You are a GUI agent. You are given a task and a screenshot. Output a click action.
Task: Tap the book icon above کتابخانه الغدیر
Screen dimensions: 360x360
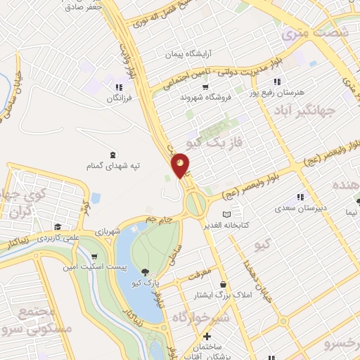(226, 214)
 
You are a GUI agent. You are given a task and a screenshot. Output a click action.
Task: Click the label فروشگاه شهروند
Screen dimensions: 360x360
(205, 98)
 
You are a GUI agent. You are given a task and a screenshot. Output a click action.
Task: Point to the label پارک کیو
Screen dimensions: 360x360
(148, 283)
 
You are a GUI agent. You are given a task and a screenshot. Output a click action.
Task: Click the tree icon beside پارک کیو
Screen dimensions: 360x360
(145, 272)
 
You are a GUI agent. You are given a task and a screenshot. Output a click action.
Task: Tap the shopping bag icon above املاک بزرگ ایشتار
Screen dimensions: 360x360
(222, 284)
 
